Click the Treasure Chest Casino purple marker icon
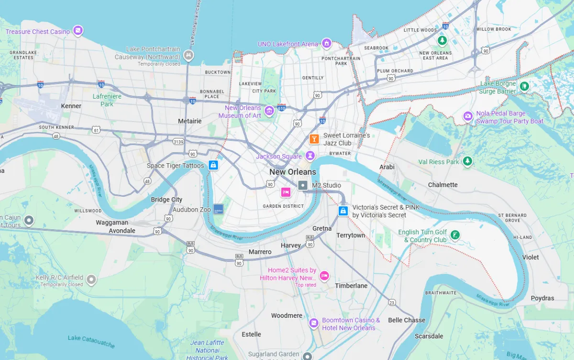[78, 32]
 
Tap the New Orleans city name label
[292, 172]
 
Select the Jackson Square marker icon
[310, 156]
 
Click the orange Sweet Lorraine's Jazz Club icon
[314, 139]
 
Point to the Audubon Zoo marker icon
[218, 209]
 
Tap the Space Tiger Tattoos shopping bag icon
[213, 166]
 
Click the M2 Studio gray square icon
[303, 185]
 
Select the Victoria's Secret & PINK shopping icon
[343, 211]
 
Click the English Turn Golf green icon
[456, 235]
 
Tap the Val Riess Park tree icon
[467, 162]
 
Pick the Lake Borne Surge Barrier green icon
[525, 87]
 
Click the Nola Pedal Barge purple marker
[468, 116]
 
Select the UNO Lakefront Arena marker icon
[327, 44]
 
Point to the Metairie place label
[189, 121]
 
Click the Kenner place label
[71, 106]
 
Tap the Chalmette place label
[442, 185]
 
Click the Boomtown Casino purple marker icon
[313, 324]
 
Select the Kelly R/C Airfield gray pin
[91, 279]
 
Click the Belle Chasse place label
[407, 320]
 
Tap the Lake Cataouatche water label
[91, 341]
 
